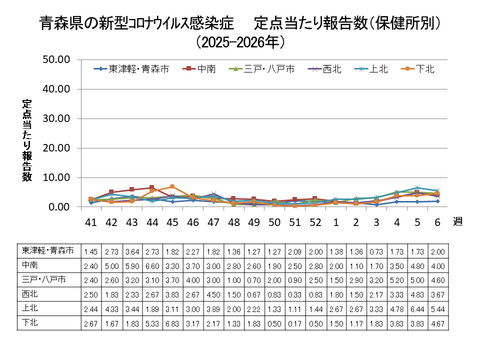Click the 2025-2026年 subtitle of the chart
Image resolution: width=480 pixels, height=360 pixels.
(240, 43)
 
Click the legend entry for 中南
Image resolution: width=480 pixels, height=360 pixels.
(206, 68)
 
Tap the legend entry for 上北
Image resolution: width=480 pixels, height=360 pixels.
(373, 68)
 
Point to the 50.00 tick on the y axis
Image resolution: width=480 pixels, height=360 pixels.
(53, 59)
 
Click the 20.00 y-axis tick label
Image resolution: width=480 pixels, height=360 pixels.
(53, 147)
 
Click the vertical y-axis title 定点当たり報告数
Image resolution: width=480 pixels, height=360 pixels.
(27, 140)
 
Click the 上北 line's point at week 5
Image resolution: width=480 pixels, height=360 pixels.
(416, 188)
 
